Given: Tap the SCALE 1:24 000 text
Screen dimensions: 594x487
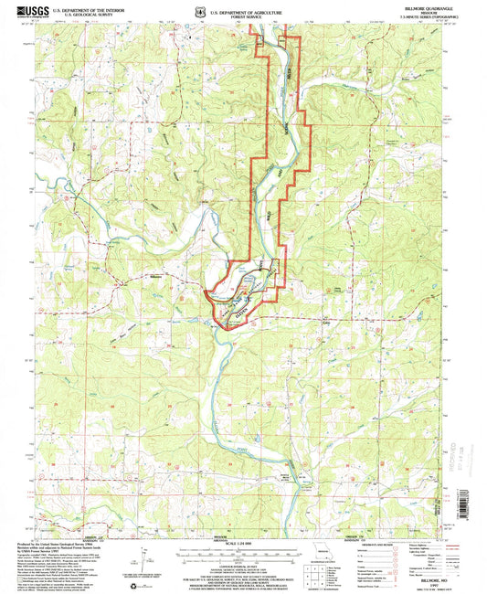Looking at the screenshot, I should (x=243, y=546).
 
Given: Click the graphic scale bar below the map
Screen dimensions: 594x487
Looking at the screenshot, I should (x=243, y=554).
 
